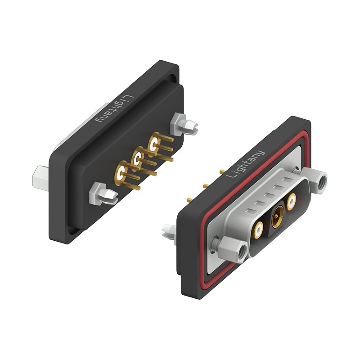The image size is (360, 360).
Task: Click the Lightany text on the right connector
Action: tap(246, 164)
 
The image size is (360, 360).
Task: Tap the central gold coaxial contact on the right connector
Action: tap(278, 216)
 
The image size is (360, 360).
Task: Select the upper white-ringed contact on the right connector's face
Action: tap(291, 201)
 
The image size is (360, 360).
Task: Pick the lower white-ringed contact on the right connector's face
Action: tap(259, 229)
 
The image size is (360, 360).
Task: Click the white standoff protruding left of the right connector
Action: tap(170, 232)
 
